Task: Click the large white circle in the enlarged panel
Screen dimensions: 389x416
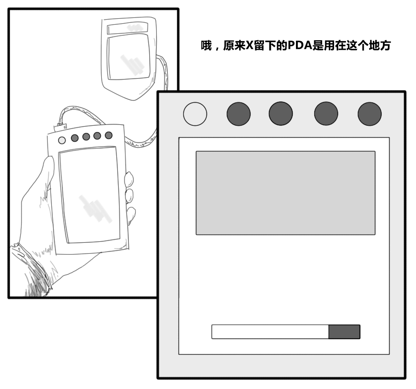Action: coord(195,114)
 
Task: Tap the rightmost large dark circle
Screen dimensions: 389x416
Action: coord(369,114)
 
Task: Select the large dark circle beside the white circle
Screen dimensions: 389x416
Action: coord(238,114)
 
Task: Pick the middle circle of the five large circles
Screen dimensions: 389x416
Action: coord(280,114)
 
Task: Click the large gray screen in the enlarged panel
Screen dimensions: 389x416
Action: coord(285,192)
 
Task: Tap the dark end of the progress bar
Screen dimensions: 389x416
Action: coord(345,332)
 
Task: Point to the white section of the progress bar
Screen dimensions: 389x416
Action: coord(270,332)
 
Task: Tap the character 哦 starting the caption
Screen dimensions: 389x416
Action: coord(206,46)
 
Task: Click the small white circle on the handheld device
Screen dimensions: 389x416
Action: coord(62,140)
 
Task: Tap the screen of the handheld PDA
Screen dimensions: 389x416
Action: coord(89,194)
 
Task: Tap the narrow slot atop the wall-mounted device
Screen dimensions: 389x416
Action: coord(127,28)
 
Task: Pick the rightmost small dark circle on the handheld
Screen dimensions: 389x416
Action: coord(109,135)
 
